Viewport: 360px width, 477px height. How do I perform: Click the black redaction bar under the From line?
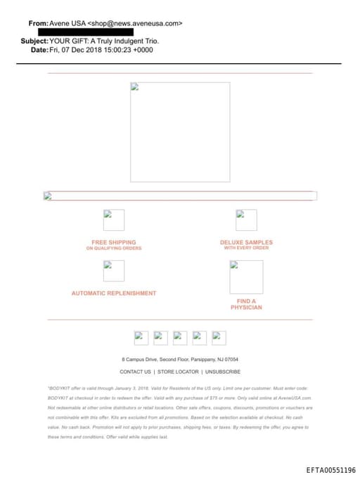click(85, 32)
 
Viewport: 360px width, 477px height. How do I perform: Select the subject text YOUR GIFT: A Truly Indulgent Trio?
click(99, 41)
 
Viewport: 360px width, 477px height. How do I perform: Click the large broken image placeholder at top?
click(180, 132)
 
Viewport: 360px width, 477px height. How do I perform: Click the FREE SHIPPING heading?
click(114, 243)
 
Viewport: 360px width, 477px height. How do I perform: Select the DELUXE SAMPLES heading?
click(246, 243)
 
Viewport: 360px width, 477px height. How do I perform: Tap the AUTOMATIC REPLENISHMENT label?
click(114, 293)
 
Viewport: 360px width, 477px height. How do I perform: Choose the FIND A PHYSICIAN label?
click(246, 305)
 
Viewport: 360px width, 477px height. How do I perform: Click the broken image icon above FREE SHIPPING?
click(114, 220)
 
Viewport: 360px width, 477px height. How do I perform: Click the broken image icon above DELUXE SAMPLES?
click(246, 220)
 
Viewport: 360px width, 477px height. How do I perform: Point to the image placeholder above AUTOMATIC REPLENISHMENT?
click(114, 271)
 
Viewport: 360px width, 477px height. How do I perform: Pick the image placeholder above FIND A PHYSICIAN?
click(246, 277)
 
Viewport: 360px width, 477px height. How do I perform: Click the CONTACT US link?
click(135, 371)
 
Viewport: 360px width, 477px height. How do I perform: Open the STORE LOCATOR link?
click(178, 371)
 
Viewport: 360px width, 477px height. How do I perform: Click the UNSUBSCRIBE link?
click(223, 371)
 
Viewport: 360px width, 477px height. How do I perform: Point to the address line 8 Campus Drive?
click(180, 360)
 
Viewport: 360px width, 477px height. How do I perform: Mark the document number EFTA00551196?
click(330, 470)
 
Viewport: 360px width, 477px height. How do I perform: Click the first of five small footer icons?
click(141, 338)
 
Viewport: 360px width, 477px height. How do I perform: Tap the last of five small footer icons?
click(219, 338)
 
